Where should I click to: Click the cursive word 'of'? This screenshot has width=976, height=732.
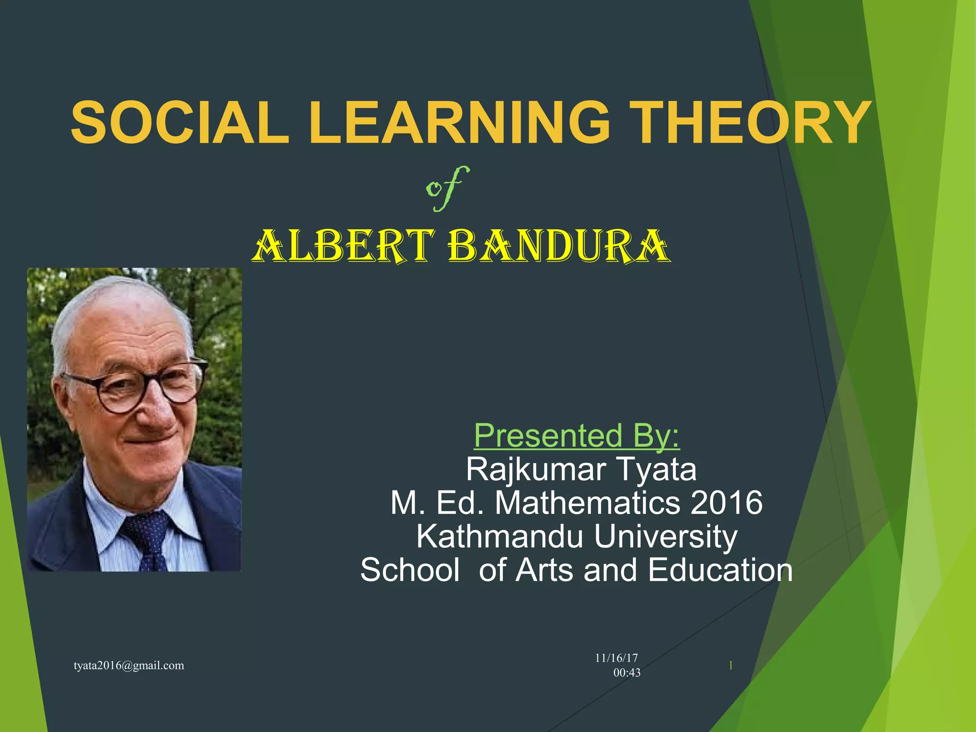447,188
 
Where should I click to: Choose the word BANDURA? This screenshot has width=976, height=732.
559,246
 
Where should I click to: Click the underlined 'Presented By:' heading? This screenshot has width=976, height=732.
577,436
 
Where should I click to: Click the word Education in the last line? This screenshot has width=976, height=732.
720,570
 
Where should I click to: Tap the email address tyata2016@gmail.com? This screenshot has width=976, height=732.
129,665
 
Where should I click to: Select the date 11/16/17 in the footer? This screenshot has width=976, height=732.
616,658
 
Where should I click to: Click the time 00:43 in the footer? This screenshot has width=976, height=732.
627,672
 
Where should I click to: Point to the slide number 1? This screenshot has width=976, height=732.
731,665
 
